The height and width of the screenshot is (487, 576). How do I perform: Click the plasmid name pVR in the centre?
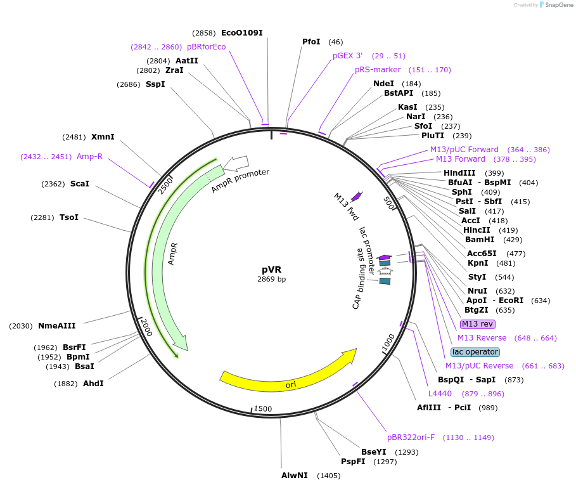pyautogui.click(x=272, y=269)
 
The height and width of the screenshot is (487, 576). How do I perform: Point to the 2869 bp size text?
pyautogui.click(x=272, y=279)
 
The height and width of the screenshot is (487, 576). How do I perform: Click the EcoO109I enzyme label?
pyautogui.click(x=241, y=33)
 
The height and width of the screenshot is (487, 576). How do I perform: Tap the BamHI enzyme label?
pyautogui.click(x=480, y=240)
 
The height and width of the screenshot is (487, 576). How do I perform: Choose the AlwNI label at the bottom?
pyautogui.click(x=295, y=475)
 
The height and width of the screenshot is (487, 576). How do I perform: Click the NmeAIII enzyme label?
pyautogui.click(x=57, y=326)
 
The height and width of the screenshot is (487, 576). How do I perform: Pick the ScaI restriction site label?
pyautogui.click(x=80, y=184)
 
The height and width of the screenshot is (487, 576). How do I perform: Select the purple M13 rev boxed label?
pyautogui.click(x=477, y=324)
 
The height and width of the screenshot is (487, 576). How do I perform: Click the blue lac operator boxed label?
pyautogui.click(x=475, y=352)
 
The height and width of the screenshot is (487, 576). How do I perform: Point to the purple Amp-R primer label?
pyautogui.click(x=89, y=157)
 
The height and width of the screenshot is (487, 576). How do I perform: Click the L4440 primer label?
pyautogui.click(x=440, y=394)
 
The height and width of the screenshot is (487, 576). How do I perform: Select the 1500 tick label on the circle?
pyautogui.click(x=263, y=409)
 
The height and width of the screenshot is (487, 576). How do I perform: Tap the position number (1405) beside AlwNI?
pyautogui.click(x=329, y=475)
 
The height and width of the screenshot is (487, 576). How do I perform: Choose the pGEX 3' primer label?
pyautogui.click(x=348, y=56)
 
